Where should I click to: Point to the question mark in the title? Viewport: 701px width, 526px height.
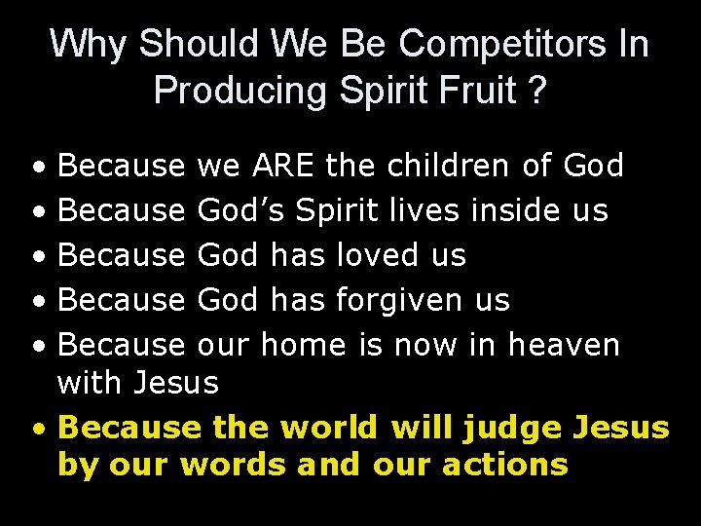536,91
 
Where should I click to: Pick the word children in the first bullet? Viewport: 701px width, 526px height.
450,166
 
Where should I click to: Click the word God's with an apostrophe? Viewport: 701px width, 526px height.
240,210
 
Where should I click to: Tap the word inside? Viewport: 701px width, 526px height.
512,210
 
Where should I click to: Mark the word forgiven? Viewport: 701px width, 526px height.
399,300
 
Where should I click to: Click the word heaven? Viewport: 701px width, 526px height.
564,345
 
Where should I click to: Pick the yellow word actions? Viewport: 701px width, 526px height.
505,465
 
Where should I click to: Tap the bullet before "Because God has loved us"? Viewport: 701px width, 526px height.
36,256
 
